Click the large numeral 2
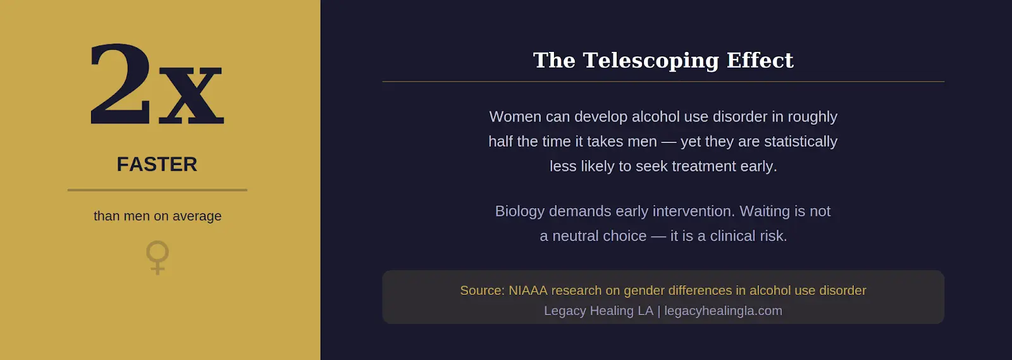[x=120, y=84]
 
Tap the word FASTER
[x=157, y=164]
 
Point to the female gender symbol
[x=157, y=257]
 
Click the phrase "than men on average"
[x=157, y=216]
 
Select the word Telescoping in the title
[x=651, y=61]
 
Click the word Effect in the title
[x=760, y=60]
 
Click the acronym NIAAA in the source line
[x=528, y=290]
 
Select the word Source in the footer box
[x=481, y=290]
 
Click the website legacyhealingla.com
[x=723, y=311]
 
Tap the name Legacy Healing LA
[x=598, y=311]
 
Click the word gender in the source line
[x=644, y=291]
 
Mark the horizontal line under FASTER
[x=157, y=190]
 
